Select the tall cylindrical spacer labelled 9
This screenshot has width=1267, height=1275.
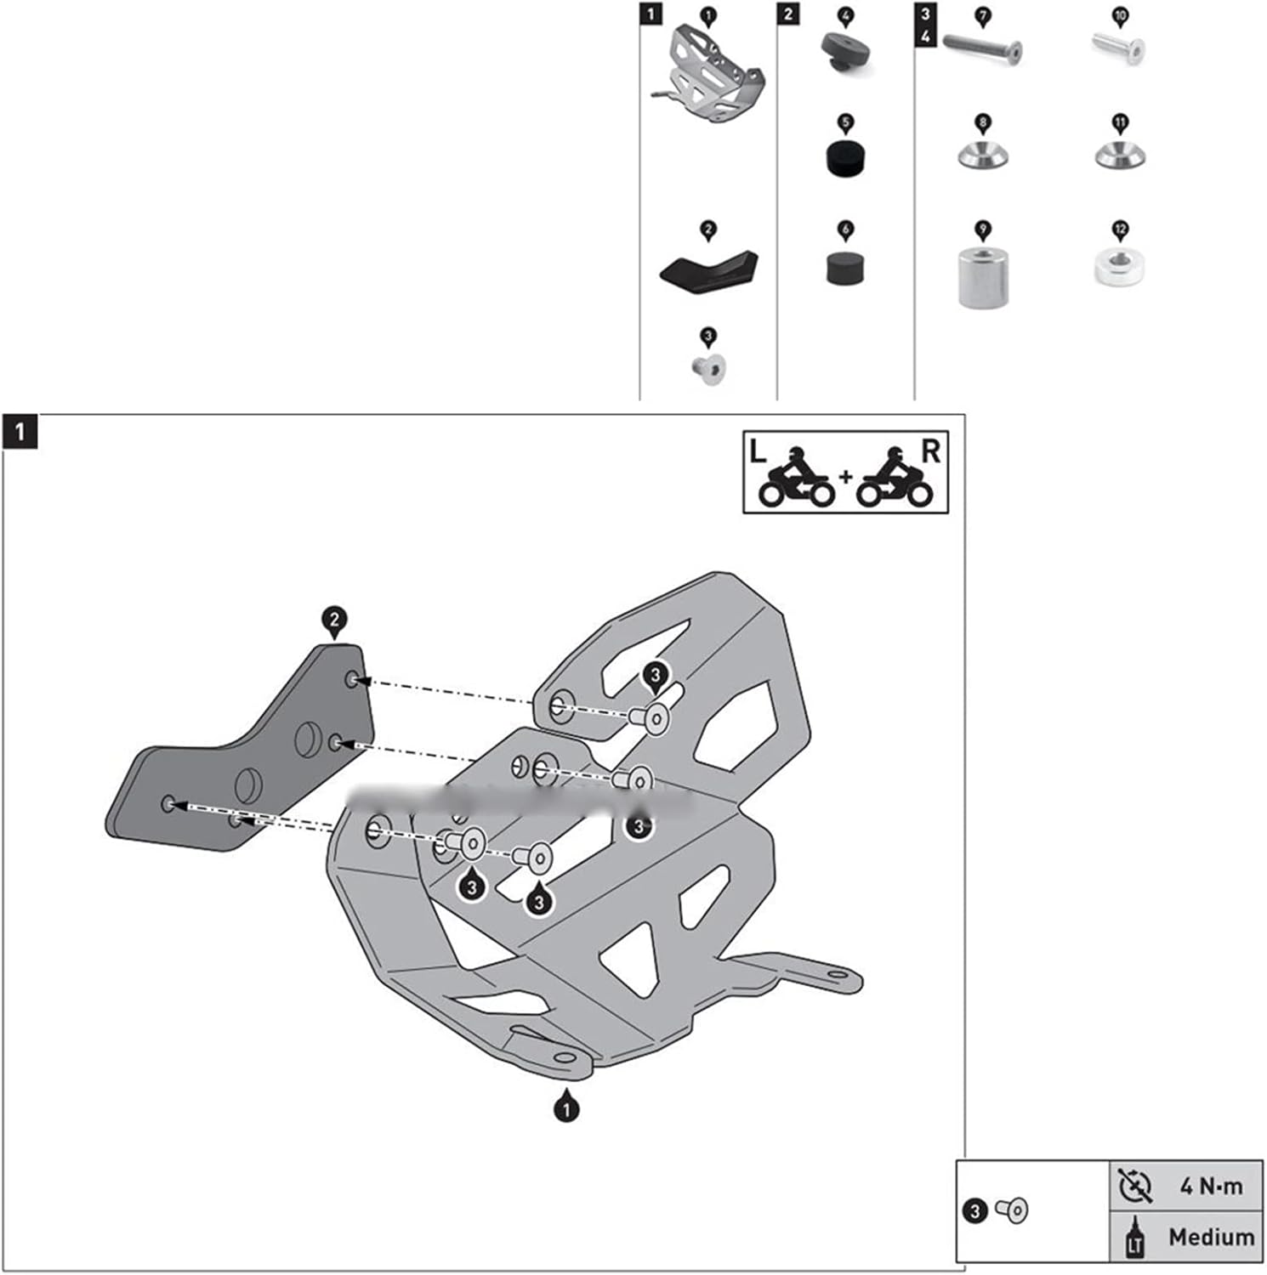point(983,276)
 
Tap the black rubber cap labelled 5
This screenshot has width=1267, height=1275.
point(845,158)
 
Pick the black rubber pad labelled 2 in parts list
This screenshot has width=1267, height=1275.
point(708,268)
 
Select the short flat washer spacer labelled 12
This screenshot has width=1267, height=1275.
point(1119,266)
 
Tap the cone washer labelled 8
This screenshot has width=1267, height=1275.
point(983,156)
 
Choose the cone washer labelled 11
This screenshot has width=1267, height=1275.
point(1119,156)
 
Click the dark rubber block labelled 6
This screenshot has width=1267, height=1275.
point(845,267)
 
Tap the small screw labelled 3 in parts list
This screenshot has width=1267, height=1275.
point(708,370)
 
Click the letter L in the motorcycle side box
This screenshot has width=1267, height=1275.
point(757,452)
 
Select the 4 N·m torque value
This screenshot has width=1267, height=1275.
point(1211,1186)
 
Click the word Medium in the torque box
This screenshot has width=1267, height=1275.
point(1211,1237)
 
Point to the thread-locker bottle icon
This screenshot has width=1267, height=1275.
point(1135,1237)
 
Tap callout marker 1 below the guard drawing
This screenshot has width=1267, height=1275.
point(566,1108)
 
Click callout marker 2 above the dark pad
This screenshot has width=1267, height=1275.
point(334,620)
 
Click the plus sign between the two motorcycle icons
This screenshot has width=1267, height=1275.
point(845,477)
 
